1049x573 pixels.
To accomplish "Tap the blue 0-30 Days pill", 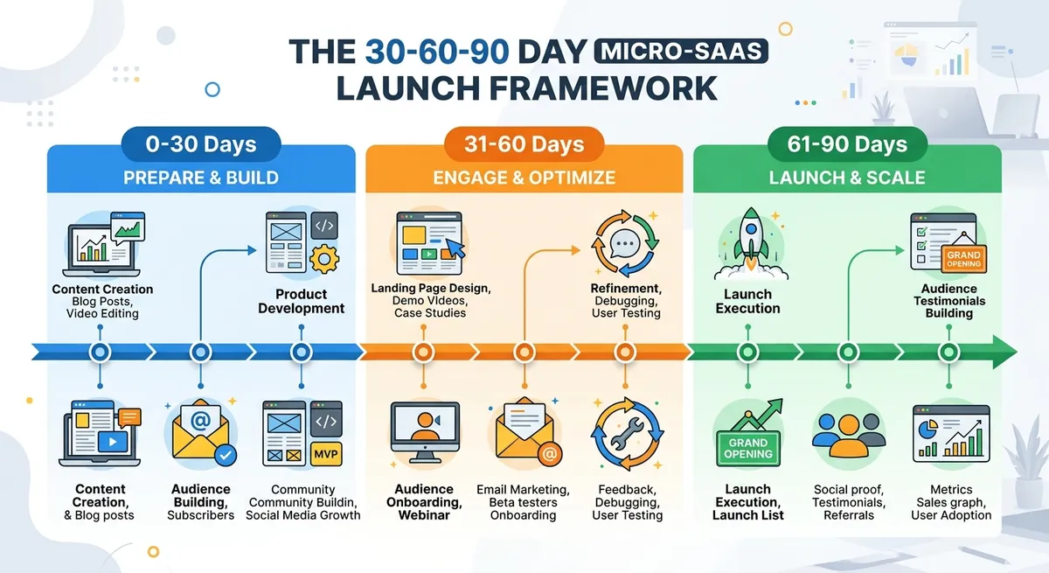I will tap(201, 144).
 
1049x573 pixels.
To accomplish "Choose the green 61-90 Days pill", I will tap(847, 144).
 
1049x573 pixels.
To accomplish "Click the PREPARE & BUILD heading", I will tap(201, 178).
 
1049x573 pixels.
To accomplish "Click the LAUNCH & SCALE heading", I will tap(847, 178).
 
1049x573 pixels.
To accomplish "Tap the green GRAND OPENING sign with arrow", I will tap(748, 444).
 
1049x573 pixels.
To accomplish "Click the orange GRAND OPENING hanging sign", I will tap(963, 258).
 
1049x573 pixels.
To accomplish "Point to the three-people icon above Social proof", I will tap(848, 433).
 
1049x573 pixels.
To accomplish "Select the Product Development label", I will tap(302, 301).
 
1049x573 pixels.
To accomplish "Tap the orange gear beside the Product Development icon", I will tap(324, 259).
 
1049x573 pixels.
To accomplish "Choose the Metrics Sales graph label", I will tap(951, 502).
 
